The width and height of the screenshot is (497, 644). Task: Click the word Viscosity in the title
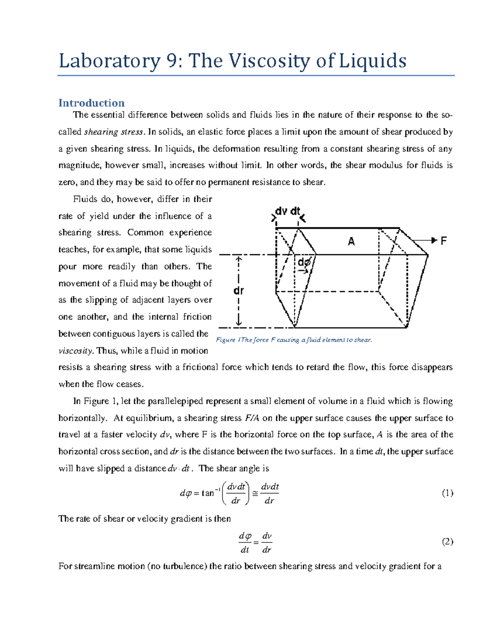269,61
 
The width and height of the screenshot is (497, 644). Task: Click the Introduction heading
92,103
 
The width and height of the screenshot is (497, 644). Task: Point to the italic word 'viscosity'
76,351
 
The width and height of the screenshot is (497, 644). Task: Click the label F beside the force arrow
444,241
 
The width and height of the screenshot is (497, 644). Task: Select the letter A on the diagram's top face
351,241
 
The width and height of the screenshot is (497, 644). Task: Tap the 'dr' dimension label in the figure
239,291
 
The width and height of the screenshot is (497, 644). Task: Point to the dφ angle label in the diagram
304,262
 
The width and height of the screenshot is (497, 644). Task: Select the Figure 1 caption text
294,340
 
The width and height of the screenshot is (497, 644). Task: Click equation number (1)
447,493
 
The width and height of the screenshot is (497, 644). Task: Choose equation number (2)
447,542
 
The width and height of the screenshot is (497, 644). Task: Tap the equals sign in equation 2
256,542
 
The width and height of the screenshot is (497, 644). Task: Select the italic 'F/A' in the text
252,418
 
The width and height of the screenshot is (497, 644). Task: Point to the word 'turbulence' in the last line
184,566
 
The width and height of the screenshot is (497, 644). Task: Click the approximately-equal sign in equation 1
255,493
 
